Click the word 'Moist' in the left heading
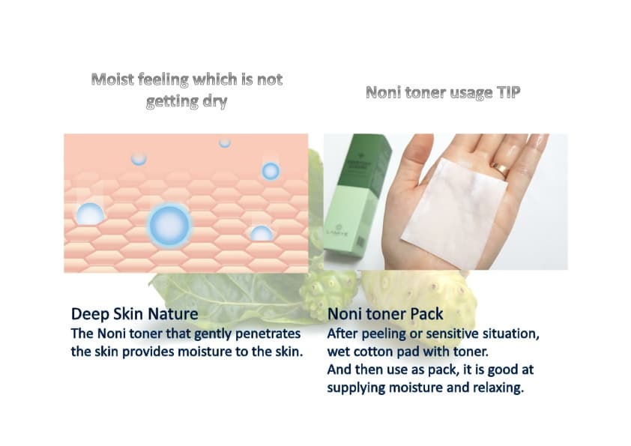coord(112,79)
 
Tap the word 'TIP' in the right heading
coord(508,92)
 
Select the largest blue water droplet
coord(169,225)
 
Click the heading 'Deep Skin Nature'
coord(134,314)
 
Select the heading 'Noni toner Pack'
coord(385,314)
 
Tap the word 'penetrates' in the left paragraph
coord(268,334)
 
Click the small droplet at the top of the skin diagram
coord(225,143)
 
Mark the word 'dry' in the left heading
coord(215,101)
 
